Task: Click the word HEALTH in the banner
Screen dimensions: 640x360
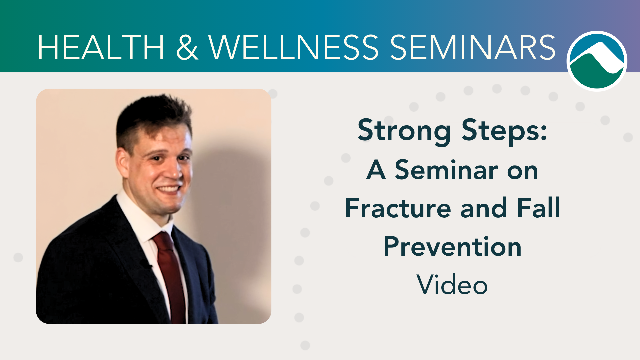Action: point(101,47)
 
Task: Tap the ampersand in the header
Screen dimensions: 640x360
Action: point(187,47)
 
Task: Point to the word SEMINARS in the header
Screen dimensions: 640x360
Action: point(473,47)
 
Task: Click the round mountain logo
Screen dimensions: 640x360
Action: point(597,61)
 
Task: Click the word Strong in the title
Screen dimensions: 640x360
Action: point(404,131)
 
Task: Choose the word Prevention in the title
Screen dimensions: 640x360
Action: point(453,246)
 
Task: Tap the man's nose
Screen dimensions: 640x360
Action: point(173,170)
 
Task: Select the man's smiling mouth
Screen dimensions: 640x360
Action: point(168,189)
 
